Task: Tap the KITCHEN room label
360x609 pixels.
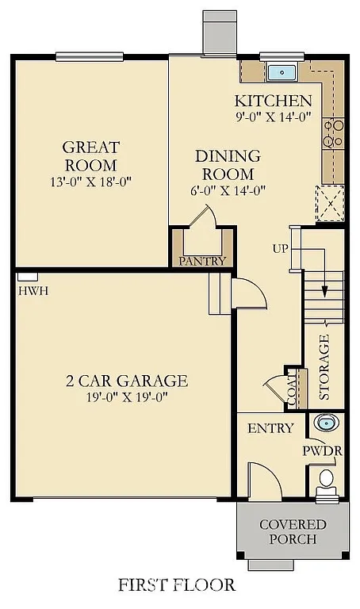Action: click(273, 101)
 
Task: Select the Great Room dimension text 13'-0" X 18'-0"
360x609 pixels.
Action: click(91, 182)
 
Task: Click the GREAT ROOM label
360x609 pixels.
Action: click(91, 156)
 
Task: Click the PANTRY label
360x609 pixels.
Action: click(203, 261)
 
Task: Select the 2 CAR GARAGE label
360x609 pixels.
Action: click(126, 381)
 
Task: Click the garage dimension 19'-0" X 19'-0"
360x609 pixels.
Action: click(126, 397)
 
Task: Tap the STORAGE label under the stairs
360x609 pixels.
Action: click(324, 366)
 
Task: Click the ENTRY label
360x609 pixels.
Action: click(270, 428)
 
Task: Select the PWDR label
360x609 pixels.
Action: click(322, 450)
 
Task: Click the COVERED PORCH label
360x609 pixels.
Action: click(293, 532)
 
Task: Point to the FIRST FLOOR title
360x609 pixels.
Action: click(177, 585)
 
